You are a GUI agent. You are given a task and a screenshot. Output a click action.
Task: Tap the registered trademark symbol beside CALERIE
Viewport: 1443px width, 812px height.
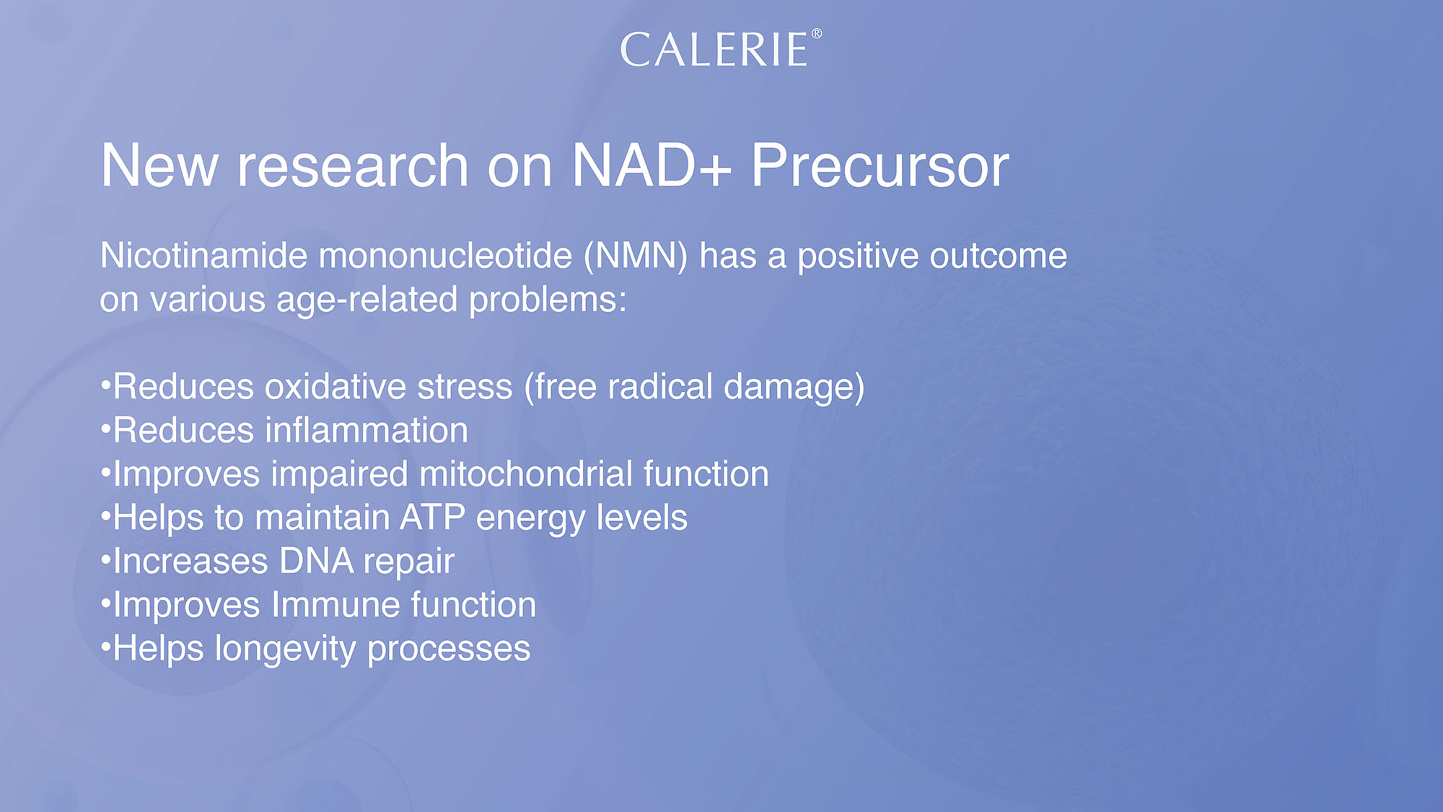pos(817,33)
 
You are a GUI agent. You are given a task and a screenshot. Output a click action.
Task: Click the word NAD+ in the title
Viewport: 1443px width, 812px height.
pos(652,165)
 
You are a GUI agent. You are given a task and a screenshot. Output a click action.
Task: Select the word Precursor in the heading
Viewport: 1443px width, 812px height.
pos(880,165)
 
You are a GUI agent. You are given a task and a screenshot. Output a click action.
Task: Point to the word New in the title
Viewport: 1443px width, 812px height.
pos(159,165)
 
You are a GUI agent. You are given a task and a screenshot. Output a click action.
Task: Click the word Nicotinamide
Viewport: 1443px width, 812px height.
pos(204,256)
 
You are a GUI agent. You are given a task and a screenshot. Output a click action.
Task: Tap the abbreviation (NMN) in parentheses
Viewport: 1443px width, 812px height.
pos(636,256)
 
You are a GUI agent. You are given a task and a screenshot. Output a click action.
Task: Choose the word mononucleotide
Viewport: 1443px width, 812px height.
pos(445,256)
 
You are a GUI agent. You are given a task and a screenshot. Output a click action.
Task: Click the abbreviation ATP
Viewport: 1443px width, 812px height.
pos(433,518)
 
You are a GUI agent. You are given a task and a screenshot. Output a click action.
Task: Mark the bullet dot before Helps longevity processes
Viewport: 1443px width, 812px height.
pos(105,645)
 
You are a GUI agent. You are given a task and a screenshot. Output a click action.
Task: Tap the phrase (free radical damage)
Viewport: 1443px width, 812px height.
pos(694,388)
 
